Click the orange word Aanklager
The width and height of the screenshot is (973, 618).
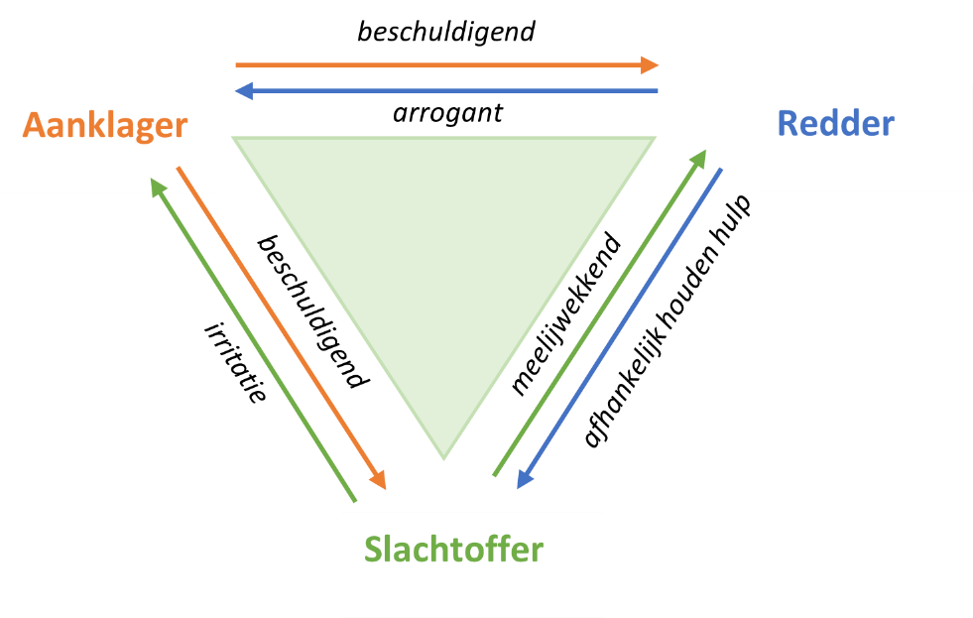tap(105, 126)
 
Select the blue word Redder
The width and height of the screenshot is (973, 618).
tap(835, 123)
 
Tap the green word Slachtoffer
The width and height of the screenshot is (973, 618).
tap(453, 549)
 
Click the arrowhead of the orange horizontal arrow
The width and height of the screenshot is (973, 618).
tap(650, 65)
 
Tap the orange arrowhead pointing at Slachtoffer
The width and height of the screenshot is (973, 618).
tap(378, 480)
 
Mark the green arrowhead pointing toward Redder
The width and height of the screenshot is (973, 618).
tap(699, 158)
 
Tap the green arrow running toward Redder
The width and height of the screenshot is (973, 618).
tap(595, 317)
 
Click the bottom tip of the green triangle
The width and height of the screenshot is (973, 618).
tap(443, 458)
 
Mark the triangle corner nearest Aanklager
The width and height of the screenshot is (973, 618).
tap(234, 139)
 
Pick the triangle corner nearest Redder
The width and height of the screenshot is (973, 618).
tap(654, 139)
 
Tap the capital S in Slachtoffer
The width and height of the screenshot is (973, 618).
tap(373, 550)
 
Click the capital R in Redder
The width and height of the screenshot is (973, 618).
tap(789, 123)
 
